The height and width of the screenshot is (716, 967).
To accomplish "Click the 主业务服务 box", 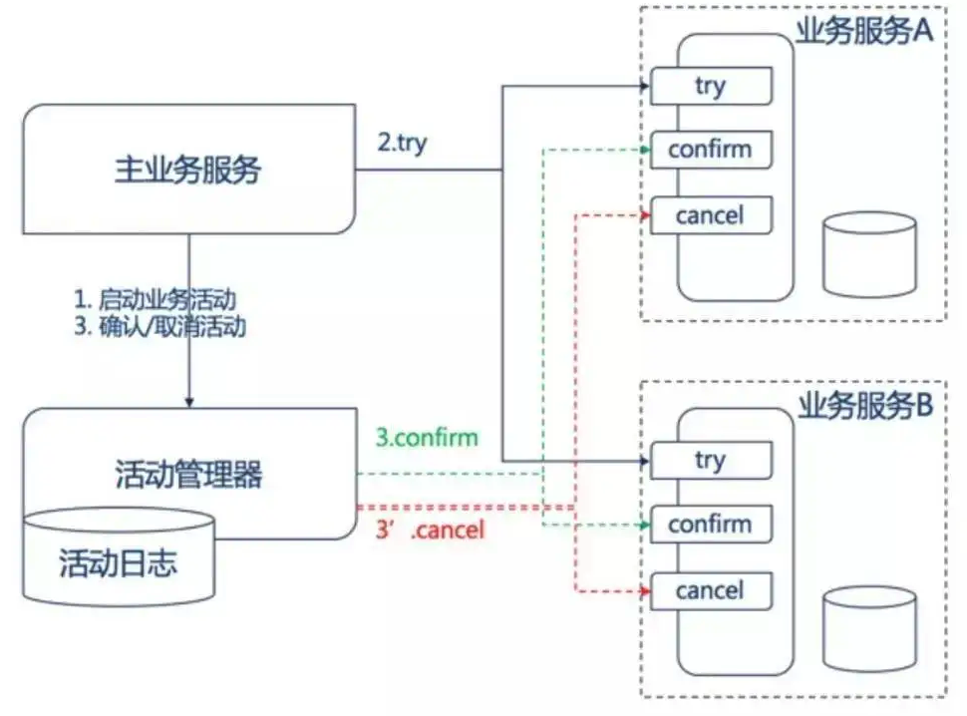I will coord(189,170).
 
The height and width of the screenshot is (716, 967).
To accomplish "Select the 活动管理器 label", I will coord(189,474).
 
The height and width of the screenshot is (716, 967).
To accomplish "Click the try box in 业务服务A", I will coord(711,87).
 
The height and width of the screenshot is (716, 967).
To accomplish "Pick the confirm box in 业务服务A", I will coord(711,151).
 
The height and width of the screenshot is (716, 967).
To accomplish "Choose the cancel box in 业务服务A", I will coord(711,215).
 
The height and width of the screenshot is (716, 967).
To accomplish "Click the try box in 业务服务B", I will coord(711,461).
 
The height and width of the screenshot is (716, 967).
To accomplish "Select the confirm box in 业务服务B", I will coord(711,525).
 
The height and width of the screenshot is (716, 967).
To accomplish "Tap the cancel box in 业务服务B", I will coord(711,590).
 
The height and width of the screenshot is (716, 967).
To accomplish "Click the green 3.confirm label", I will coord(427,438).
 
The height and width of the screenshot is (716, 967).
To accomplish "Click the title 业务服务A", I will coord(863,32).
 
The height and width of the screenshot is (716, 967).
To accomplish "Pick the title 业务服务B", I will coord(863,406).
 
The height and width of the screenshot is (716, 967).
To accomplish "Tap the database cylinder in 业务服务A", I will coord(869,255).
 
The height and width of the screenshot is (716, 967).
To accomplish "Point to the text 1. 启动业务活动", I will coord(160,299).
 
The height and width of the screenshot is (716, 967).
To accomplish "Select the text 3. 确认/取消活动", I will coord(160,327).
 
